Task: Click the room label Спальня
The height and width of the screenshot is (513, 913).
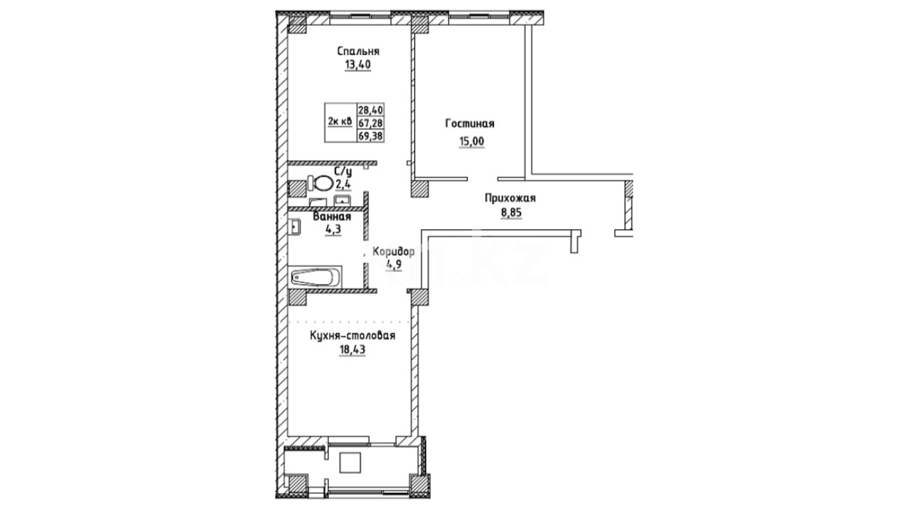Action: tap(358, 51)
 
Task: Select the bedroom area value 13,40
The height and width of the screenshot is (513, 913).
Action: tap(358, 65)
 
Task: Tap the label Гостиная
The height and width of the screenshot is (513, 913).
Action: tap(470, 123)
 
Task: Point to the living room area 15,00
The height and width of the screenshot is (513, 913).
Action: tap(472, 142)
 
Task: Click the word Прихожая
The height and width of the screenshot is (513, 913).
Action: tap(510, 198)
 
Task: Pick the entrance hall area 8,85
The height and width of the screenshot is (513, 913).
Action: tap(511, 212)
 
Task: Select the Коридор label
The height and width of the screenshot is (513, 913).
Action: tap(394, 251)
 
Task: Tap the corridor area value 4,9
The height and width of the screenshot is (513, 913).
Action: tap(394, 265)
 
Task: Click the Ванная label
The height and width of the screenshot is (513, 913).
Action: tap(332, 217)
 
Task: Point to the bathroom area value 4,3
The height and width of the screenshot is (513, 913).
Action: tap(332, 229)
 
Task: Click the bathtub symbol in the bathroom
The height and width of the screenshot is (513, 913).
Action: tap(315, 276)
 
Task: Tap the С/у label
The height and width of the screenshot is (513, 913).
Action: tap(343, 171)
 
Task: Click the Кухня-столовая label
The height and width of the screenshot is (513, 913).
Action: tap(352, 336)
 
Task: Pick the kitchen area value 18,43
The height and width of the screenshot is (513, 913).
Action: tap(352, 350)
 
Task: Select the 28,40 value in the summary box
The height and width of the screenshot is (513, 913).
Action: tap(371, 110)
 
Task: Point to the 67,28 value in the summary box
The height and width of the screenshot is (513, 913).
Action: tap(371, 123)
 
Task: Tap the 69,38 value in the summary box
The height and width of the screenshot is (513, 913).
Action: tap(371, 136)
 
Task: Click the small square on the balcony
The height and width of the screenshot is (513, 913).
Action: tap(350, 462)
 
